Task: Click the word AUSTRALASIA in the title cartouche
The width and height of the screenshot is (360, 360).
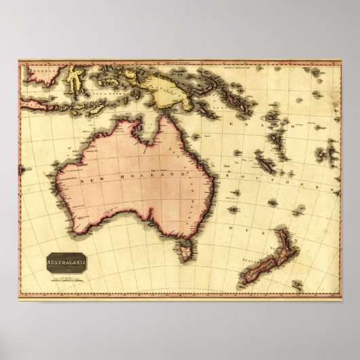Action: click(x=66, y=259)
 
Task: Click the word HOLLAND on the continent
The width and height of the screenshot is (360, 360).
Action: click(x=155, y=177)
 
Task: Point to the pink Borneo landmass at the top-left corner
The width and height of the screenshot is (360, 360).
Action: click(x=40, y=71)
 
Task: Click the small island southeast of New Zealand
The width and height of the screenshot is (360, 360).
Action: click(x=296, y=285)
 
